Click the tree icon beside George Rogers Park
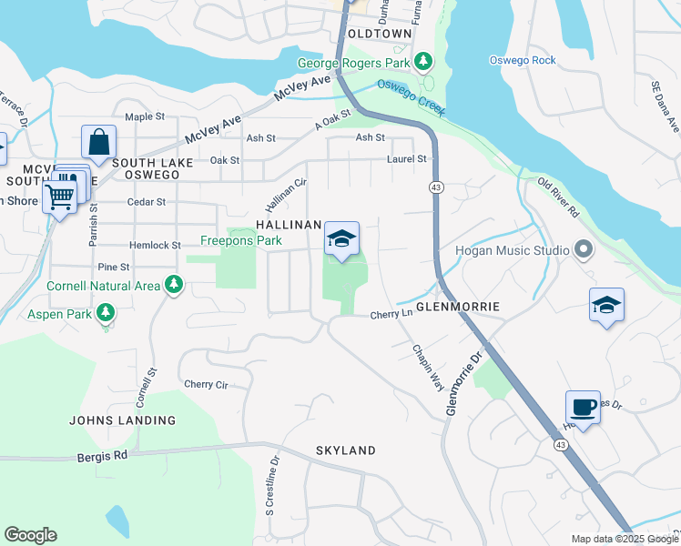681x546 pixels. point(422,63)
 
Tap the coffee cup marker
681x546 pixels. point(583,406)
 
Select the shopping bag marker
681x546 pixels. point(98,143)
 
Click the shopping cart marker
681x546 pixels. point(60,194)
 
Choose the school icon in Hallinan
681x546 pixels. point(341,239)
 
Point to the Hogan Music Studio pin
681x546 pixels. point(584,249)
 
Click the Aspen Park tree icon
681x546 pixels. point(107,313)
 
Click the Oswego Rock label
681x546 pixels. point(522,61)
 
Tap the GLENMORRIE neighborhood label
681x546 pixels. point(458,307)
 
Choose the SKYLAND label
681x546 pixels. point(345,450)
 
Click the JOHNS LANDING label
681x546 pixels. point(123,420)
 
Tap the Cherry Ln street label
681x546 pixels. point(391,316)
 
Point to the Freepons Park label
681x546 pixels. point(240,242)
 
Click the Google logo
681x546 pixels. point(30,535)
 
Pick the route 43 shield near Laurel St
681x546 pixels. point(437,187)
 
